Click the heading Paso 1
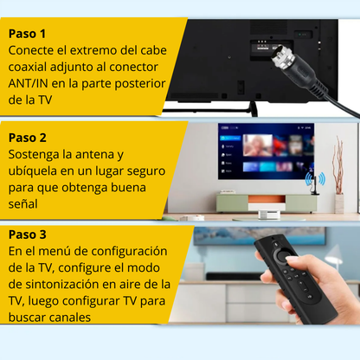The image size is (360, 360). point(27,34)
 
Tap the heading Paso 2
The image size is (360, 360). point(28,138)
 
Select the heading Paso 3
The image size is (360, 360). point(28,235)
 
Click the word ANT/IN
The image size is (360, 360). point(28,84)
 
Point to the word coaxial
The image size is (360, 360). point(28,67)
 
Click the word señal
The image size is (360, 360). point(23,204)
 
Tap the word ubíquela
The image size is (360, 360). point(33,171)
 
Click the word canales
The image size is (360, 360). point(70,318)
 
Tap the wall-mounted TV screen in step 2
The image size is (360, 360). point(266,151)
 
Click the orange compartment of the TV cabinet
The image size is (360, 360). point(267,199)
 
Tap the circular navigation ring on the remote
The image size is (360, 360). point(281,254)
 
